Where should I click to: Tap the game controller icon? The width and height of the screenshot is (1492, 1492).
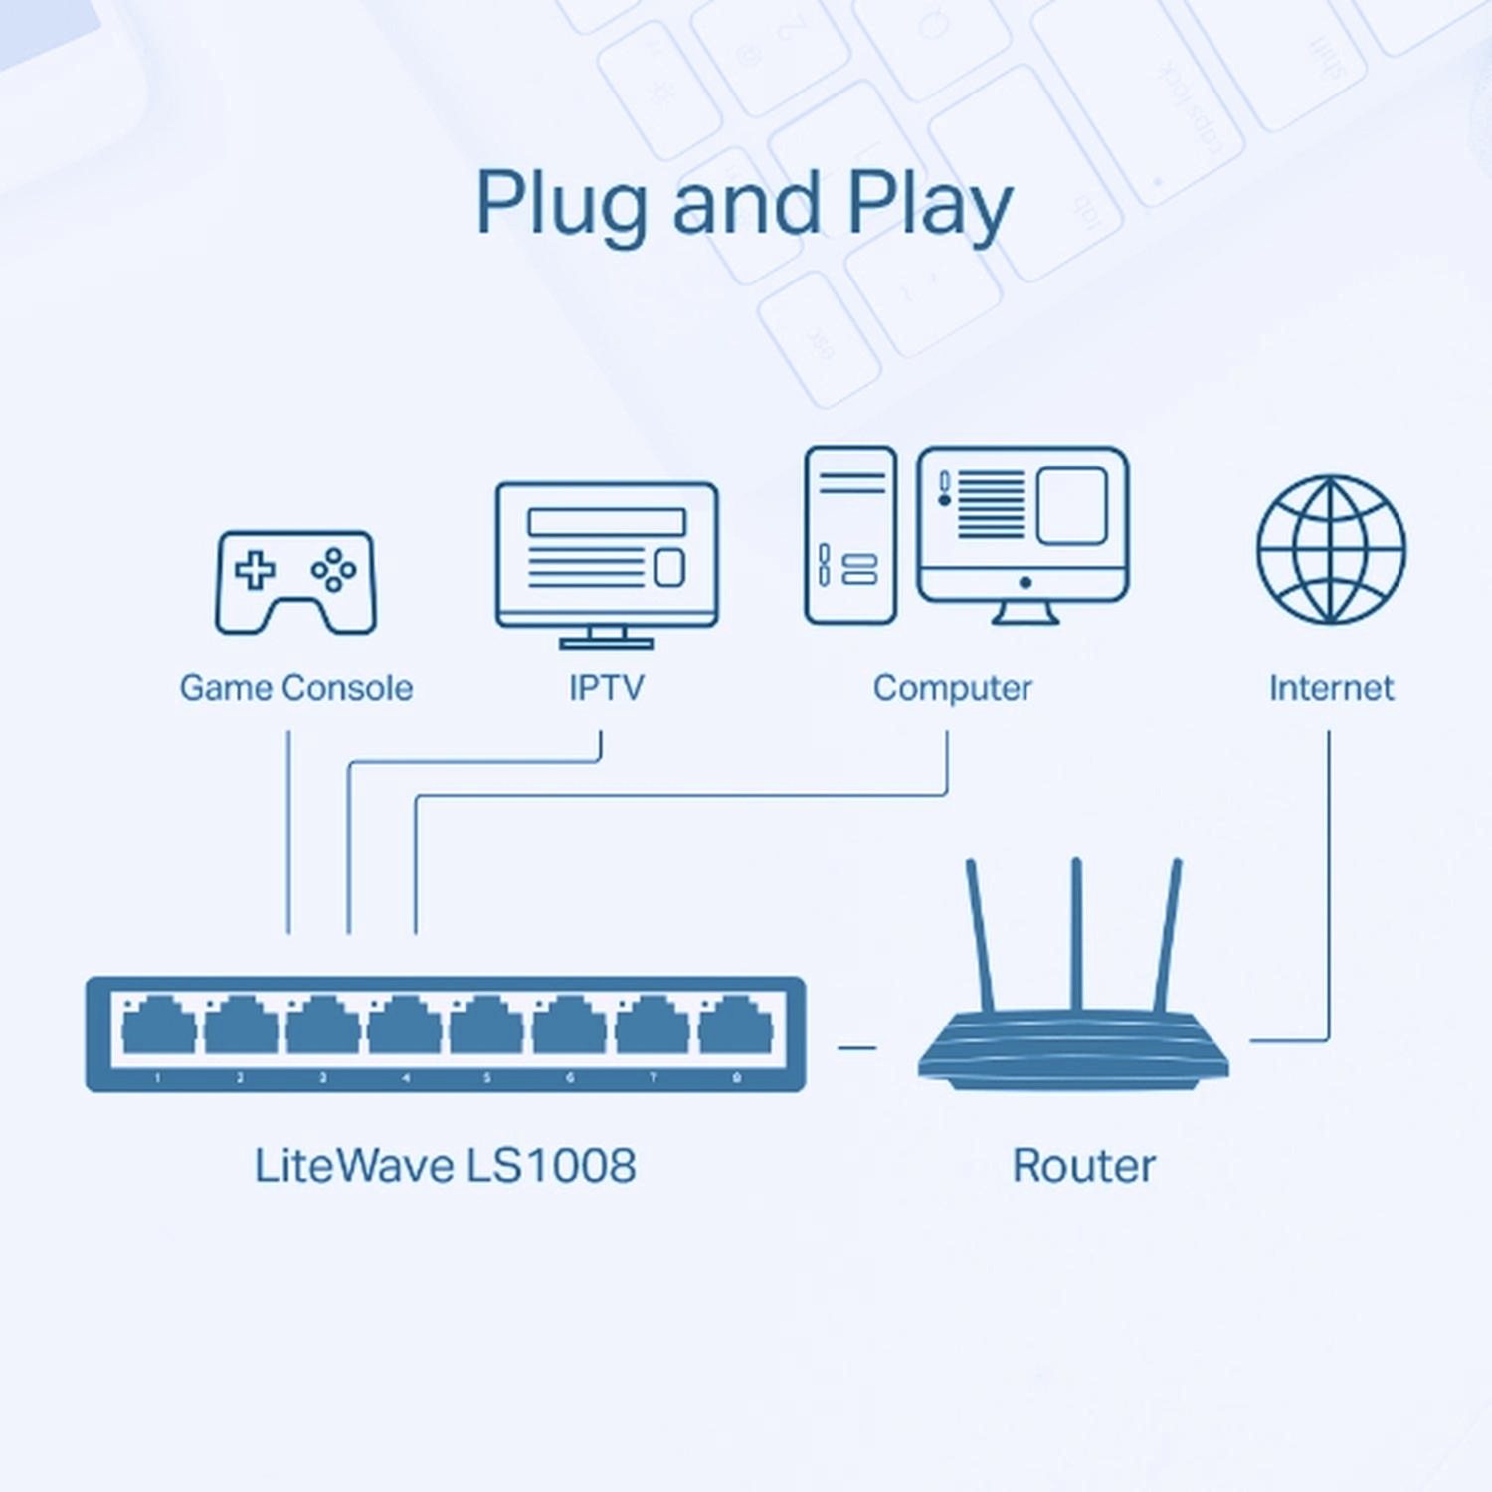coord(295,582)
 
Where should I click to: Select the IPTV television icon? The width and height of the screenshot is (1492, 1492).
coord(607,557)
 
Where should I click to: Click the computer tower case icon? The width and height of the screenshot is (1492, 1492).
coord(850,535)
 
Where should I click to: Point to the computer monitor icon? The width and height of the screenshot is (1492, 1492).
coord(1023,527)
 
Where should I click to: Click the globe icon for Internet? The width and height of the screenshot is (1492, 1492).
coord(1331,549)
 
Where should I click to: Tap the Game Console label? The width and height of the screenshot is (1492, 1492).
coord(295,688)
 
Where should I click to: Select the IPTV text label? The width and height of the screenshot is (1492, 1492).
coord(606,688)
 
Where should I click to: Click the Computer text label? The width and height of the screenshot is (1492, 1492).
coord(952,688)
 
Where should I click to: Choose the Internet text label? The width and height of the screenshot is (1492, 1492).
coord(1331,688)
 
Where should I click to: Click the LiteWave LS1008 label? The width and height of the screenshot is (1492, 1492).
coord(445,1166)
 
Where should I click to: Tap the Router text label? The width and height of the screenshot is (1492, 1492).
coord(1083,1166)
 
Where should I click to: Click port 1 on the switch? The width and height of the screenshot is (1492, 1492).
coord(158,1026)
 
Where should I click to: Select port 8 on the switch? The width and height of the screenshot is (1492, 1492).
coord(736,1026)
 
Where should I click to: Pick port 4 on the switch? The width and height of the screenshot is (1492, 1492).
coord(405,1026)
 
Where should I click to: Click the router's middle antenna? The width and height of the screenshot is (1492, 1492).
coord(1076,935)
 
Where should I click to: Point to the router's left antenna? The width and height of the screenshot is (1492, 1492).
coord(980,935)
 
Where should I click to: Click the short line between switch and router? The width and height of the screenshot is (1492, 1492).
coord(856,1047)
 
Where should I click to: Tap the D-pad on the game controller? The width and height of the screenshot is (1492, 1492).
coord(255,570)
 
